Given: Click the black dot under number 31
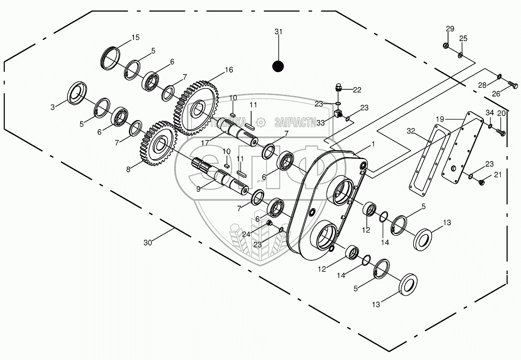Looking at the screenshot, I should pyautogui.click(x=278, y=66).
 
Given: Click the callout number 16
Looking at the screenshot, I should pyautogui.click(x=228, y=70).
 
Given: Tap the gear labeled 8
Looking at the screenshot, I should pyautogui.click(x=159, y=143).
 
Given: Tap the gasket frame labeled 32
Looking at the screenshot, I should pyautogui.click(x=430, y=157).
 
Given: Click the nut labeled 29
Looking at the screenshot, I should pyautogui.click(x=446, y=45).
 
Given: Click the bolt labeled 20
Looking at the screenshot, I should pyautogui.click(x=501, y=133).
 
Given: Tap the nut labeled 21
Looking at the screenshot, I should pyautogui.click(x=481, y=183).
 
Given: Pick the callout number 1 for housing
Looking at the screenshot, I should pyautogui.click(x=374, y=145).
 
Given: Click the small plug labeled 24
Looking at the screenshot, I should pyautogui.click(x=269, y=223).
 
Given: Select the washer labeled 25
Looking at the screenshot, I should pyautogui.click(x=460, y=55).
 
